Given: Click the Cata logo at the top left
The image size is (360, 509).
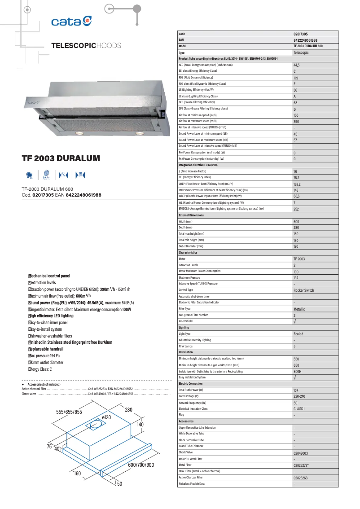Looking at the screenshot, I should point(72,21).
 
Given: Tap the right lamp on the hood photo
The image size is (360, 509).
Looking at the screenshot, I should point(139,133).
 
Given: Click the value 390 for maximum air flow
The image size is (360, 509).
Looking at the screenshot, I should point(296,121).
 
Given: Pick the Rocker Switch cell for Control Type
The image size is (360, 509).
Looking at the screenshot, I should point(304,290).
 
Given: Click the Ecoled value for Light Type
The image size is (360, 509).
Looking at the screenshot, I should point(299,334).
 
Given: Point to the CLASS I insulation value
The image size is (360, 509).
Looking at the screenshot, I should point(299,409).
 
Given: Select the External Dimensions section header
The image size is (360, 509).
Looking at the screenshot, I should point(191,215).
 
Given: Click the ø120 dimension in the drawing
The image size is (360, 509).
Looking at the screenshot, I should point(106,417).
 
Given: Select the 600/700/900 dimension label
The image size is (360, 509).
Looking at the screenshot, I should point(141,465).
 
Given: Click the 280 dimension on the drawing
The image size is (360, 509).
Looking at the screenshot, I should point(128,410).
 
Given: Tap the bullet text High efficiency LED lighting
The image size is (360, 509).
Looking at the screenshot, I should point(51,316).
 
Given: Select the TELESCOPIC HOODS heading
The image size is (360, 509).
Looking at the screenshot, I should point(86,46).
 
